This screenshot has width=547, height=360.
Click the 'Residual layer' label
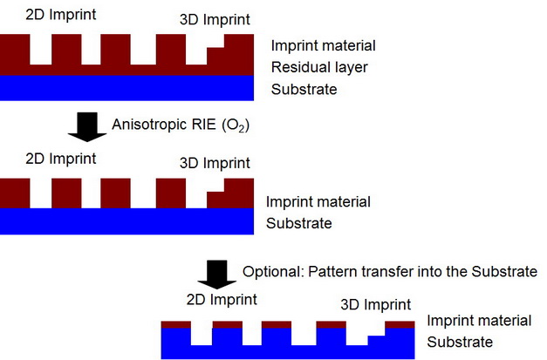click(x=319, y=67)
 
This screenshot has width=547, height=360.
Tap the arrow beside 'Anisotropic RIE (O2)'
click(x=87, y=127)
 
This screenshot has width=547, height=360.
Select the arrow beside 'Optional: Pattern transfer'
click(x=217, y=275)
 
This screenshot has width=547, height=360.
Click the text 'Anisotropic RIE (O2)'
click(x=181, y=125)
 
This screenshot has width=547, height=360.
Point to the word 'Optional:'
click(x=273, y=271)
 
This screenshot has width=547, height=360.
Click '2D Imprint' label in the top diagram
click(x=61, y=15)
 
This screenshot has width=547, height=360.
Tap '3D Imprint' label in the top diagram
click(x=215, y=19)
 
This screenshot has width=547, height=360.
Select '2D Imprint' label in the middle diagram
click(x=61, y=159)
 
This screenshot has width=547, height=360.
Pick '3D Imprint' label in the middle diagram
click(x=215, y=163)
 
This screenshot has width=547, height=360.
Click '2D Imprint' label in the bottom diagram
click(x=222, y=299)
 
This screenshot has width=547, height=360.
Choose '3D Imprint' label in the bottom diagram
click(x=376, y=304)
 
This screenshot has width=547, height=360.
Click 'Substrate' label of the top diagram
click(x=304, y=89)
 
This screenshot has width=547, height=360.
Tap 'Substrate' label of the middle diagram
click(x=299, y=223)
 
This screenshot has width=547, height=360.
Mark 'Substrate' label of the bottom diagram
click(x=460, y=342)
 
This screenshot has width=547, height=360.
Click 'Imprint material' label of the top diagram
click(x=324, y=45)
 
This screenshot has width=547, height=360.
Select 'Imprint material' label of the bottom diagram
click(x=479, y=321)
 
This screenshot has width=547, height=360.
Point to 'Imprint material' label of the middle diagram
click(x=318, y=201)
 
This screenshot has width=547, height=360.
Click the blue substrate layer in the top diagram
click(x=126, y=88)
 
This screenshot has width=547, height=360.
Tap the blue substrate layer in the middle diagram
click(x=126, y=221)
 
